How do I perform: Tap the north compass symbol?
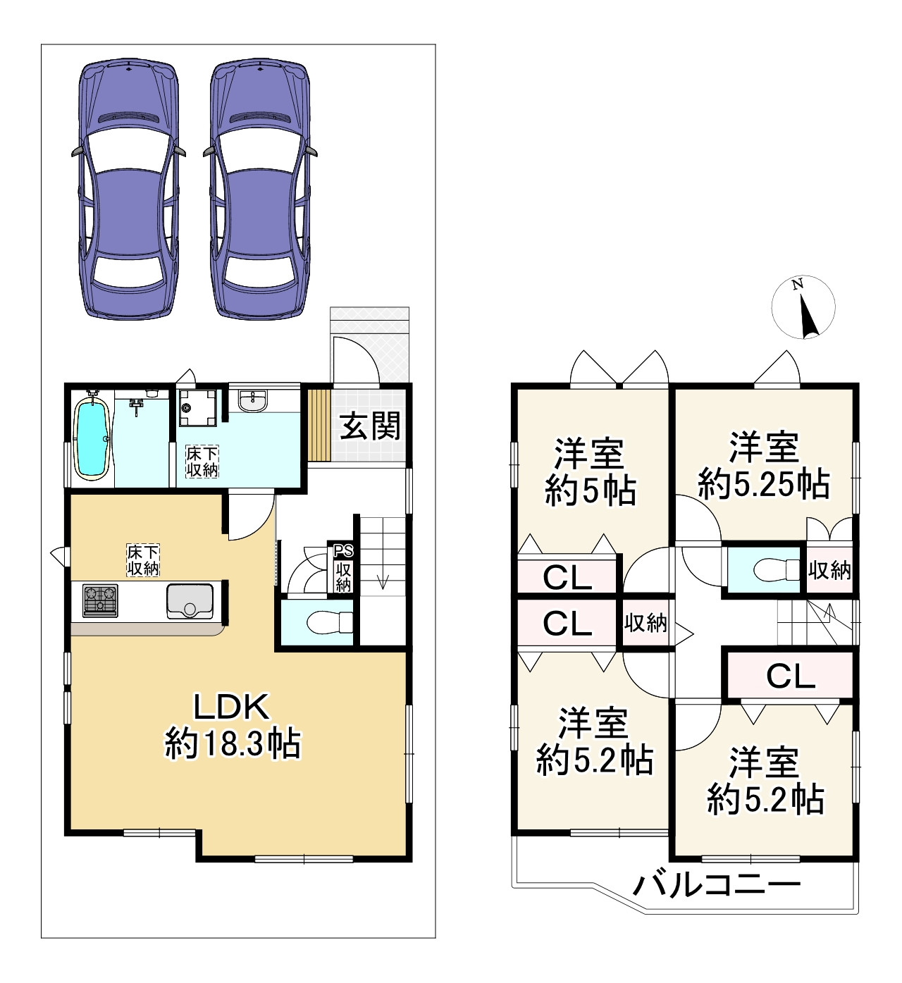click(x=803, y=307)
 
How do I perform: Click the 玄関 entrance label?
click(x=370, y=426)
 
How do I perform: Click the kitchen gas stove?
click(x=100, y=600)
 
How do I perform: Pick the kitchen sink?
click(x=190, y=601)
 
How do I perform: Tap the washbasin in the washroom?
click(x=253, y=402)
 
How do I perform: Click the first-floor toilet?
click(x=330, y=622)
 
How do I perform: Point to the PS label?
click(x=343, y=551)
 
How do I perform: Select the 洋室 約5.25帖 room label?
click(x=764, y=465)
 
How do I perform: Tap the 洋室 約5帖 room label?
click(x=591, y=472)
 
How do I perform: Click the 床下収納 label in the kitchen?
click(x=143, y=560)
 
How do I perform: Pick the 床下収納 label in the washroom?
click(x=202, y=461)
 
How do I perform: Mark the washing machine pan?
click(x=197, y=407)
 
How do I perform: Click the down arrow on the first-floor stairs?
click(x=383, y=582)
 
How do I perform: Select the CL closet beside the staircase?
click(x=790, y=676)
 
